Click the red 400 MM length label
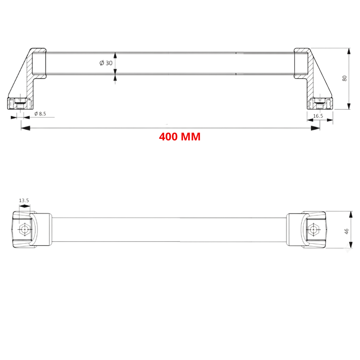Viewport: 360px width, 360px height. point(179,137)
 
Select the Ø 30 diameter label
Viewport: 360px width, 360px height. point(106,63)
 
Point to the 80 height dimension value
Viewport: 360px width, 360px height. point(345,78)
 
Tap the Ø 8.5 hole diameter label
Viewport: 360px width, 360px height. point(43,114)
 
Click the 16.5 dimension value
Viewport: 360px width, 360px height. point(318,116)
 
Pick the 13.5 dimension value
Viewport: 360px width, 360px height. point(24,200)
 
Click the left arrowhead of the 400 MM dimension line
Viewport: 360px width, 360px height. point(24,128)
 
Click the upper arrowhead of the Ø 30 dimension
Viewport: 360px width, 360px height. point(115,56)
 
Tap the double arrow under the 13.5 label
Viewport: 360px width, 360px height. point(24,207)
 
